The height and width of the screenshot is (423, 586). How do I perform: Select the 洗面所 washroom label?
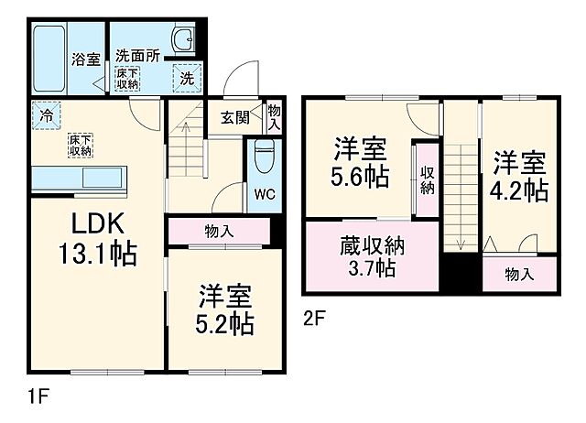point(136,54)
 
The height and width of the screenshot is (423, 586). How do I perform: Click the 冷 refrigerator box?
point(45,115)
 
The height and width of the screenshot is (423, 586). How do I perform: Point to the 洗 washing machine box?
point(185,78)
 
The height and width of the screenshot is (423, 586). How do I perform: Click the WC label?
point(264,193)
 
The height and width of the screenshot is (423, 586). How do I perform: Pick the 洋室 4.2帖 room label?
point(520,178)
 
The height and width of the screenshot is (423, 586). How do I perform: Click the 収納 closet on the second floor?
point(427,179)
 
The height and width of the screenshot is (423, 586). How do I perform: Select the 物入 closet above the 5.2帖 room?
point(216,232)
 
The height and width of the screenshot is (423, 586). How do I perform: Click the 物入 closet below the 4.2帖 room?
point(519,274)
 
